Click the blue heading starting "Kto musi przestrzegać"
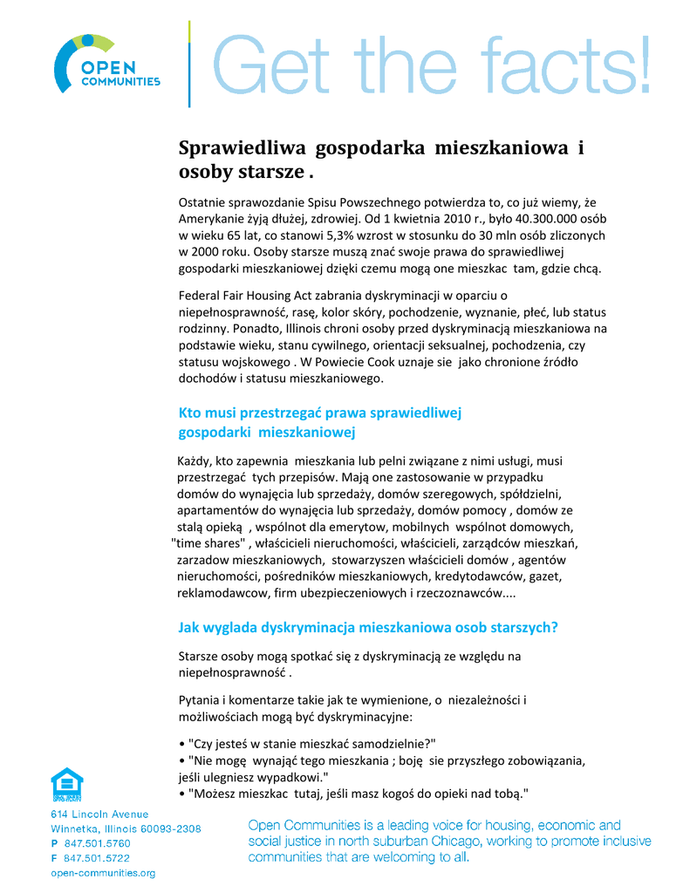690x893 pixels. [319, 412]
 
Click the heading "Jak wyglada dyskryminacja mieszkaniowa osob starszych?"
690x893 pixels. [368, 627]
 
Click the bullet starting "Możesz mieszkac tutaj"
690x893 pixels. [354, 793]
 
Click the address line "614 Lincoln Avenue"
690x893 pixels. [99, 815]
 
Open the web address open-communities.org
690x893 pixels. [103, 873]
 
